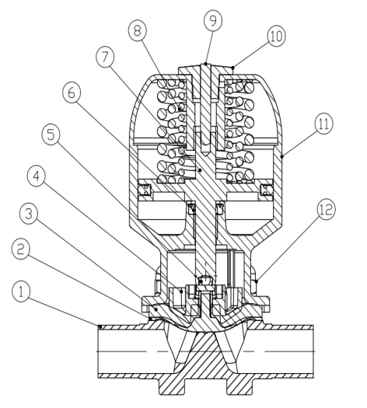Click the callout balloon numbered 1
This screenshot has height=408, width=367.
[21, 292]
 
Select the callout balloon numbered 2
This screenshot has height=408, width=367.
[21, 249]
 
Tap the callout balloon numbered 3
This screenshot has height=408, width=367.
[29, 214]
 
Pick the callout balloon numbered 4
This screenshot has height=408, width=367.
[37, 176]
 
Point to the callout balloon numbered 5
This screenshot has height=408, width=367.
[51, 134]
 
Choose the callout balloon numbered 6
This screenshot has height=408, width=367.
[72, 93]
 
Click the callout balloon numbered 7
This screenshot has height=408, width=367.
[105, 57]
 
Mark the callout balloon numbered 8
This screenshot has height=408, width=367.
[137, 31]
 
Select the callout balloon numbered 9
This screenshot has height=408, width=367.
[213, 20]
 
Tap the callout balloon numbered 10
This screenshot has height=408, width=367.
[276, 37]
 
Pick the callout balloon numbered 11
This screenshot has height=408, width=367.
[323, 124]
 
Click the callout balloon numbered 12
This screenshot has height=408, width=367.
[326, 210]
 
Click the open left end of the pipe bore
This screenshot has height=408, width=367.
[99, 351]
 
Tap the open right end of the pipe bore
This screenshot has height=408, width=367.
[313, 351]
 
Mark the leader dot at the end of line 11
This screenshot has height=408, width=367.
[282, 156]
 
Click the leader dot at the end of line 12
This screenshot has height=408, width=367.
[257, 281]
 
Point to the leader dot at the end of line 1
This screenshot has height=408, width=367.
[100, 326]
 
